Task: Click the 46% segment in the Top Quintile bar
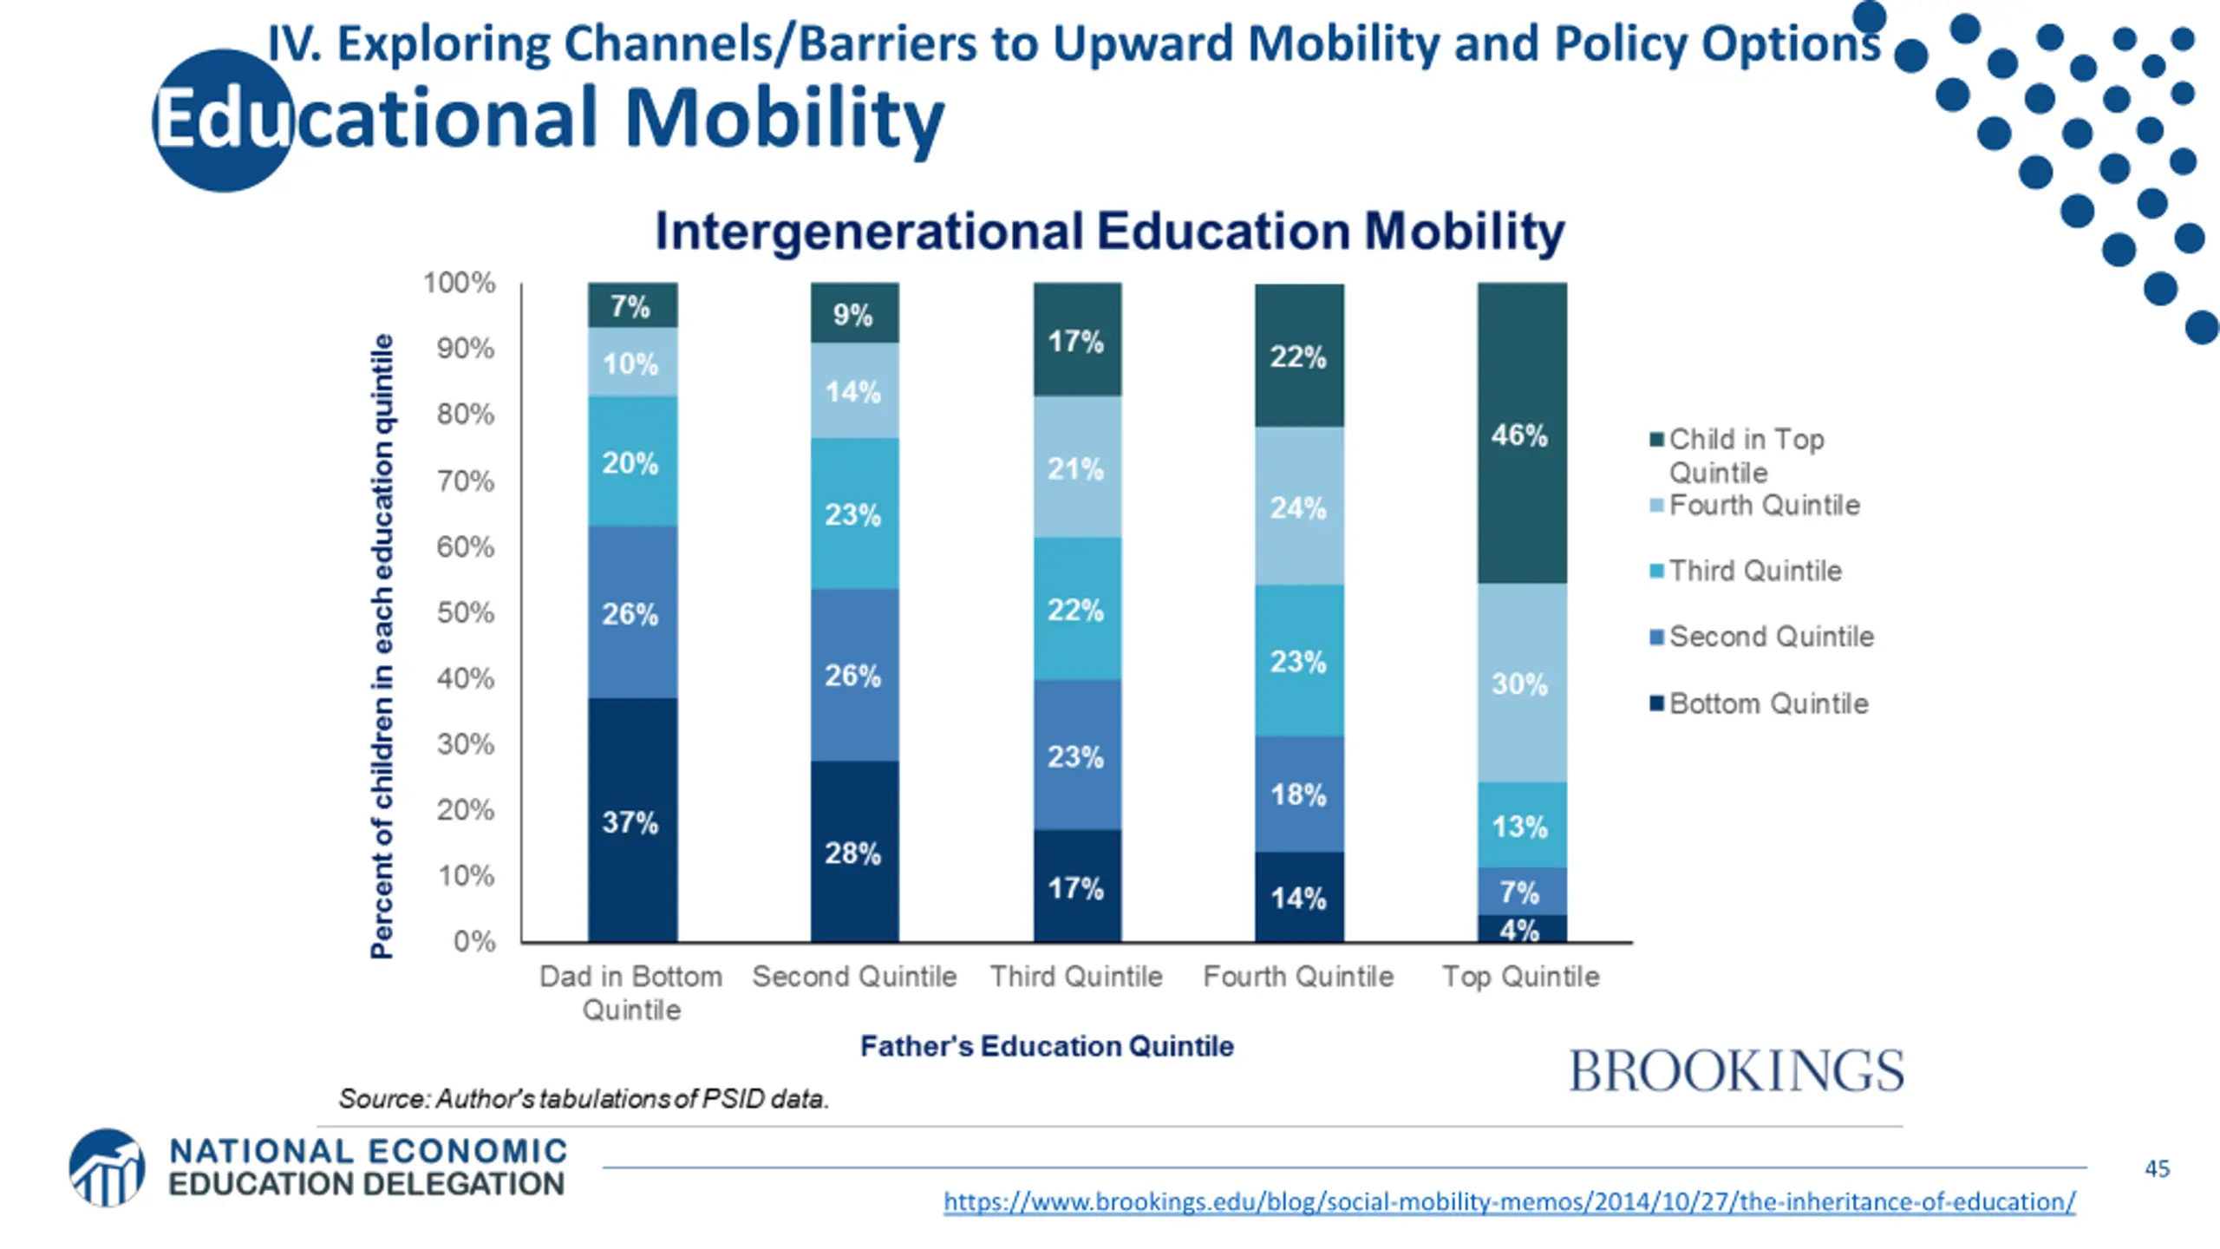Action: point(1522,434)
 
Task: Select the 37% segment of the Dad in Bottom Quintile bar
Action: point(632,821)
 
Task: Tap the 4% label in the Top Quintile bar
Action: point(1520,930)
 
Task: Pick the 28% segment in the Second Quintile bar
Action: point(854,852)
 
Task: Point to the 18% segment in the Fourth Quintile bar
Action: point(1299,794)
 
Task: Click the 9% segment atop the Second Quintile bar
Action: point(854,313)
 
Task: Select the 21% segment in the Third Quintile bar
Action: point(1076,468)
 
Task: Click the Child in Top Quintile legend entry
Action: point(1746,454)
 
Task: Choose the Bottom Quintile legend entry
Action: point(1767,703)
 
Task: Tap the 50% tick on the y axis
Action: point(466,612)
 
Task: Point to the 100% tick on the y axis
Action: point(460,283)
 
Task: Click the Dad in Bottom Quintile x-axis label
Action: point(631,992)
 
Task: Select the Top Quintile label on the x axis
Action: point(1520,977)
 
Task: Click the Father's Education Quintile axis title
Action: point(1047,1046)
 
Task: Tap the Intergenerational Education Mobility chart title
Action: point(1109,232)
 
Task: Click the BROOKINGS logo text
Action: point(1737,1071)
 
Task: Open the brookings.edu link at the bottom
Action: point(1509,1201)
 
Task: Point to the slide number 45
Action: point(2157,1168)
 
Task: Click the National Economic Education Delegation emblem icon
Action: point(107,1167)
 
